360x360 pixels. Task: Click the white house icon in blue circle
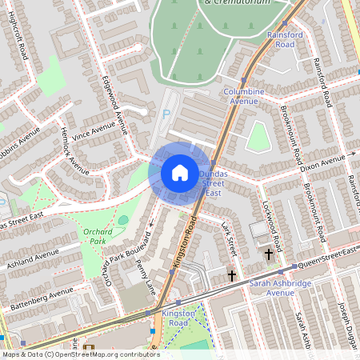[x=179, y=173]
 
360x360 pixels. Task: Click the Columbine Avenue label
[x=244, y=97]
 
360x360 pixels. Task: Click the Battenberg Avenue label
[x=35, y=301]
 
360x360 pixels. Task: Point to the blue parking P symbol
[x=166, y=114]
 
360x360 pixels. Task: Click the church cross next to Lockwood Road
[x=268, y=254]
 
